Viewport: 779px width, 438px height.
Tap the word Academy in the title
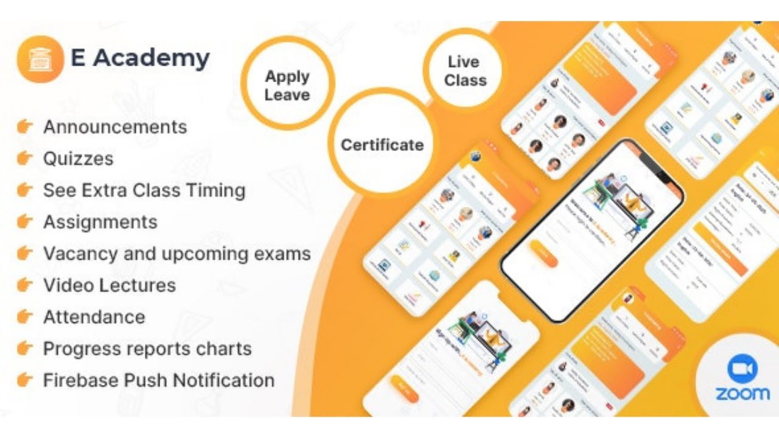coord(152,58)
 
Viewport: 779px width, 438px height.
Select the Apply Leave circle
coord(287,85)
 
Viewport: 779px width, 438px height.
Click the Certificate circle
coord(382,145)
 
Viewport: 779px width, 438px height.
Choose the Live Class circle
coord(465,71)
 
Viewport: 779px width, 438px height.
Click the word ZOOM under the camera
coord(742,394)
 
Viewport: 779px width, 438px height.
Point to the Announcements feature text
coord(115,127)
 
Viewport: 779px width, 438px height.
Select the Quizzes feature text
coord(79,159)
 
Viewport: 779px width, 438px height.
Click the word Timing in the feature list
coord(216,190)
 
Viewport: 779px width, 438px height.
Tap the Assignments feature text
coord(100,222)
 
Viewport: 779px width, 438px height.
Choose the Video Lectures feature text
coord(110,285)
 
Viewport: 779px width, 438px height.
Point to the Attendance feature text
coord(94,317)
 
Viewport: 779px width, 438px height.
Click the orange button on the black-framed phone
coord(543,254)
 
